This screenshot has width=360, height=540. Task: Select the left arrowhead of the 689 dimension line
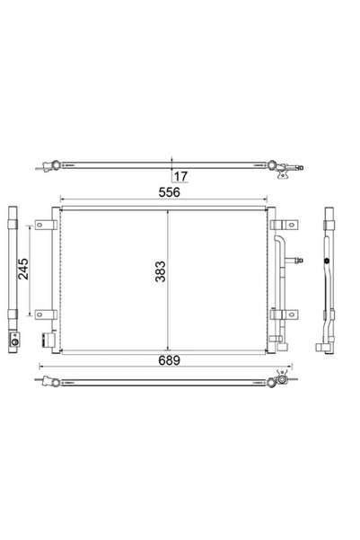pos(41,367)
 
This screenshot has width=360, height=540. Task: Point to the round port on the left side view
pos(14,341)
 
